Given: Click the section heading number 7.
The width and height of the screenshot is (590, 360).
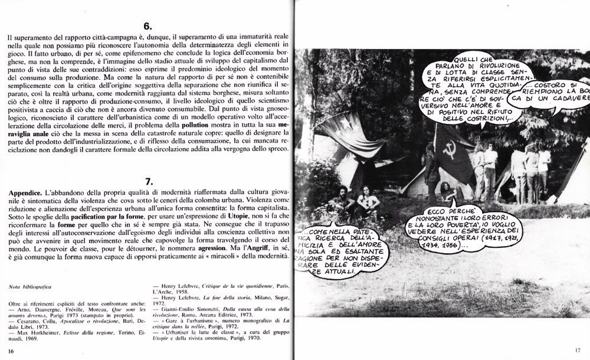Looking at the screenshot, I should tap(148, 181).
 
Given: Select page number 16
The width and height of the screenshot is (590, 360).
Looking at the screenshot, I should tap(11, 352).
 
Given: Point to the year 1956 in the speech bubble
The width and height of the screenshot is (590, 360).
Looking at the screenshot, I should tap(489, 243).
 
